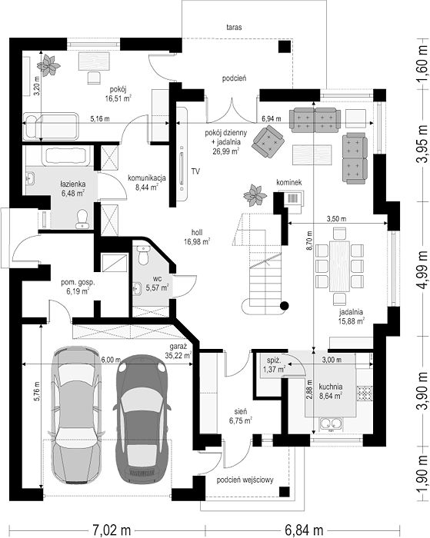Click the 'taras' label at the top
pos(234,27)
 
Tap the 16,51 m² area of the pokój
pos(118,99)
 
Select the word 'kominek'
pos(289,182)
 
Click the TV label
pos(196,171)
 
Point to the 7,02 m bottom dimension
pos(112,530)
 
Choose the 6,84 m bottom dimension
pos(305,530)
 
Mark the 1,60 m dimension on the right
pos(423,65)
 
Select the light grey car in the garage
pos(76,415)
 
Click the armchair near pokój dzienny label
pos(268,141)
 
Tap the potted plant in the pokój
pos(48,65)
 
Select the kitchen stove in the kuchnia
pos(365,394)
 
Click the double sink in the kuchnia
pos(331,424)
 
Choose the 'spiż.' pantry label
pos(274,360)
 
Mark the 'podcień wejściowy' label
pos(245,480)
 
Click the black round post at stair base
pos(284,305)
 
